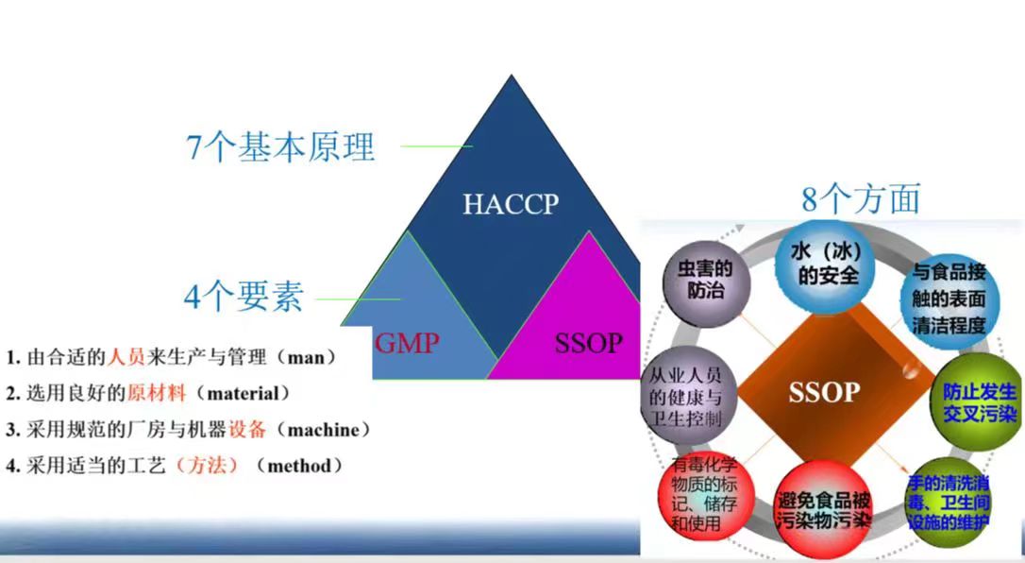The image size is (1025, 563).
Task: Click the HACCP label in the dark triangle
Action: click(x=511, y=204)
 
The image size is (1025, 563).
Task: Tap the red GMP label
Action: click(x=407, y=343)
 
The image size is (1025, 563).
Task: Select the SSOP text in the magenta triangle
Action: click(x=588, y=343)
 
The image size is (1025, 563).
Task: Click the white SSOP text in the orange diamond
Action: click(x=824, y=392)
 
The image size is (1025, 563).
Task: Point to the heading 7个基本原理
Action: click(x=280, y=146)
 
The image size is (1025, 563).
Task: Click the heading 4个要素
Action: click(x=244, y=297)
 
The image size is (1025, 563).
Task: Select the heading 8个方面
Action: click(x=861, y=198)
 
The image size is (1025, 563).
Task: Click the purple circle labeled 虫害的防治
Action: click(x=706, y=281)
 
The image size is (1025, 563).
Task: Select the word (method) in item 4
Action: click(x=300, y=466)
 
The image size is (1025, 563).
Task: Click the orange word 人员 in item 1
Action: click(x=126, y=358)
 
